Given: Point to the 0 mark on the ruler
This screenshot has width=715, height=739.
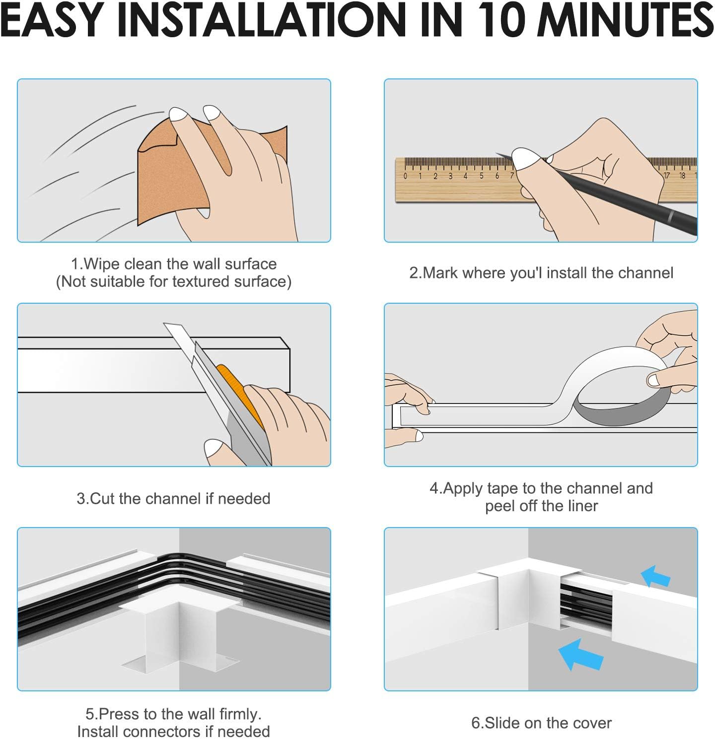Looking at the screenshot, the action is (x=405, y=176).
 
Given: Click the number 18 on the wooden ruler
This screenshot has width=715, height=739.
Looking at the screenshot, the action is (x=682, y=176).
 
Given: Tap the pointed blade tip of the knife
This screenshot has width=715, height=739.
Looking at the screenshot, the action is (x=165, y=324).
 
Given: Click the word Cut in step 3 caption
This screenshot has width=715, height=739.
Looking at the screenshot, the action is (x=102, y=499).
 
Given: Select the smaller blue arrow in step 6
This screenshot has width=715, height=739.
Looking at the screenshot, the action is (x=655, y=577).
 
